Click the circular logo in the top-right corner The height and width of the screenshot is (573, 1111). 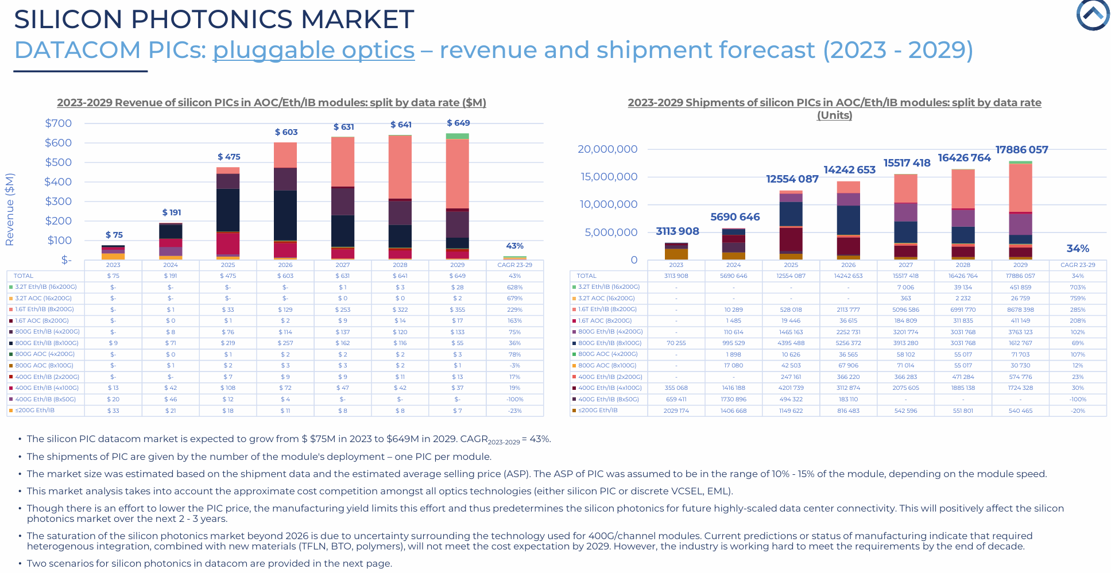(x=1093, y=15)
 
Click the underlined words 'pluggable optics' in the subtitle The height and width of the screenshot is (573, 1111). (x=313, y=50)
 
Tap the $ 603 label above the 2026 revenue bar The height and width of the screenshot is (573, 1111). (x=286, y=132)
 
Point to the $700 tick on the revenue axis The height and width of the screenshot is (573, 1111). (x=59, y=123)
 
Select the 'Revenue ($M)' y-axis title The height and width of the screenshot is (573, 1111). (x=10, y=210)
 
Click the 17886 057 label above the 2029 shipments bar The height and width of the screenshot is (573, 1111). (x=1021, y=150)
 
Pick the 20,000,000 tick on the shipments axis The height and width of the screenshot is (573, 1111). (x=607, y=149)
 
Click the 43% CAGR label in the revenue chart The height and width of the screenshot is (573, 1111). (x=514, y=246)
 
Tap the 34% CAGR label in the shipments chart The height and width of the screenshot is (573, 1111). (x=1078, y=249)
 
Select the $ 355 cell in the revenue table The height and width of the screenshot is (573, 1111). (x=457, y=309)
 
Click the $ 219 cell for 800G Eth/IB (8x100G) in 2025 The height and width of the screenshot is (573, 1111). (x=228, y=343)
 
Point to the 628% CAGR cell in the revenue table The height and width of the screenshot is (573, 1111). (x=514, y=287)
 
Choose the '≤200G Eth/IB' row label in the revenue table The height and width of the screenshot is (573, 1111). (x=35, y=411)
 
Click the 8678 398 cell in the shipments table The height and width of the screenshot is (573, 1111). (x=1020, y=309)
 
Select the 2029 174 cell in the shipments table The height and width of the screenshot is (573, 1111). (x=676, y=411)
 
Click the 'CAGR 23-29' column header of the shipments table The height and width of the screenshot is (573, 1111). (x=1078, y=265)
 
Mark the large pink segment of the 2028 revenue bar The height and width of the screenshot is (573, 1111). (x=400, y=167)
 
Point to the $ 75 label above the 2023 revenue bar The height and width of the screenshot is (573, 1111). (x=114, y=235)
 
